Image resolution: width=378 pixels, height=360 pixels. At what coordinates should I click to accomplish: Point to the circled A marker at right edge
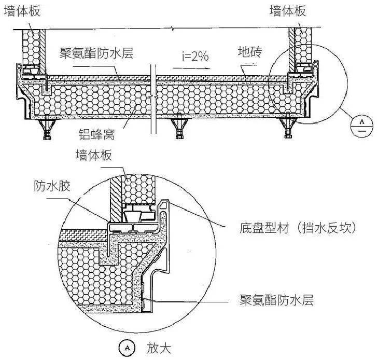point(358,124)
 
